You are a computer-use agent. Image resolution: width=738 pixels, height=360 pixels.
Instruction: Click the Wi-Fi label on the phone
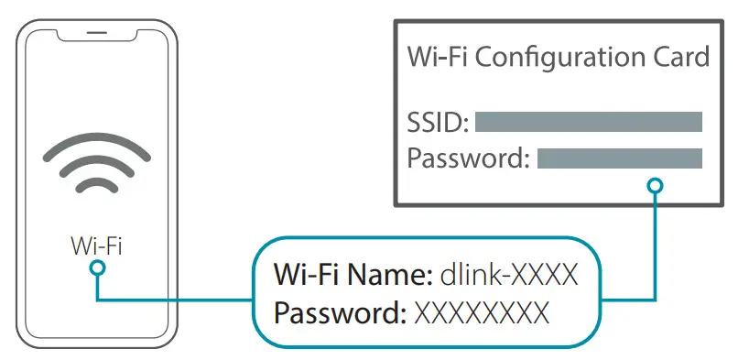click(97, 245)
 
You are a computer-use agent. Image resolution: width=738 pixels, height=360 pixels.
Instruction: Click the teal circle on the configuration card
click(654, 187)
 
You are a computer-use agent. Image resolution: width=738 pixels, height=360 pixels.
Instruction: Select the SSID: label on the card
click(438, 122)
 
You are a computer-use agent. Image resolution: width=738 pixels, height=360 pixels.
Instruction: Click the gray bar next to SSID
click(588, 122)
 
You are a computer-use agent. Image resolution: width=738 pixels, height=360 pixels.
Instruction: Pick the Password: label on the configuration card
click(468, 158)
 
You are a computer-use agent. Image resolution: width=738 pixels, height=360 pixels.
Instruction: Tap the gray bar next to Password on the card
click(619, 158)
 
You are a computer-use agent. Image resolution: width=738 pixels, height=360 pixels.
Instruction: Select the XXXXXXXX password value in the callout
click(482, 312)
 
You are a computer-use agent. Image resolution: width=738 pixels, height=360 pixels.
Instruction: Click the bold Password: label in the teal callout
click(340, 312)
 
